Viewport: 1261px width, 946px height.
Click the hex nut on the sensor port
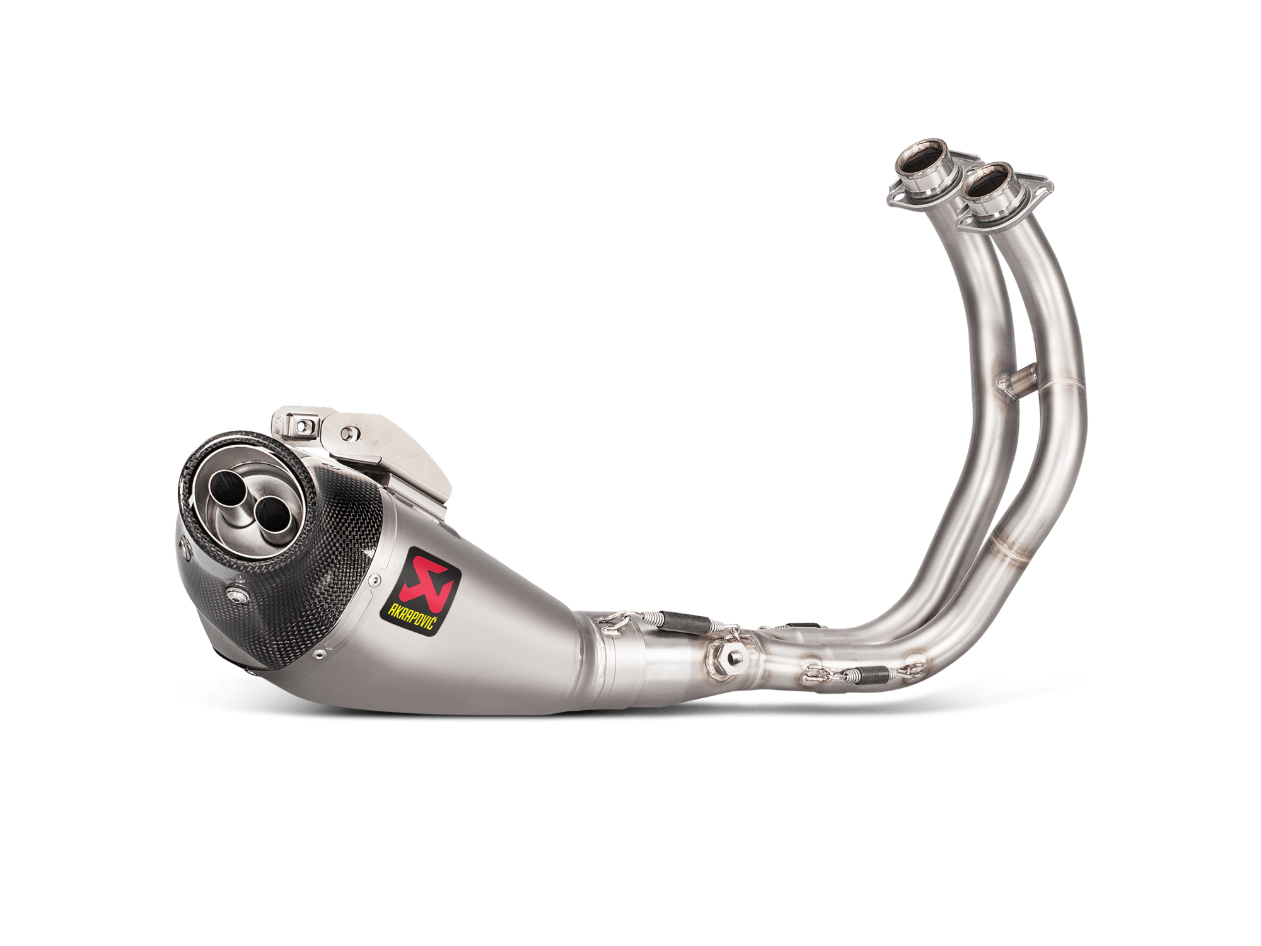(x=733, y=657)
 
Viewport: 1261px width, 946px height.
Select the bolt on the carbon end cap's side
(x=237, y=595)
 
